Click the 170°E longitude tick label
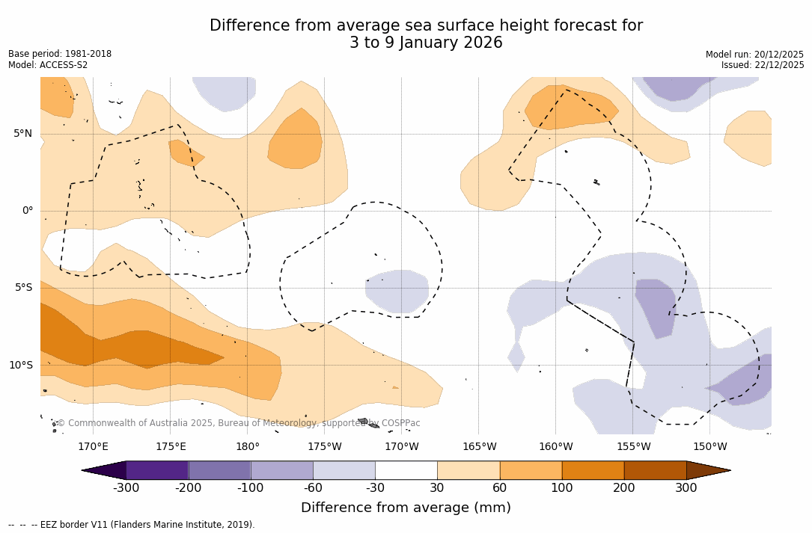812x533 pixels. [x=93, y=447]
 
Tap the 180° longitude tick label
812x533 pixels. [x=248, y=447]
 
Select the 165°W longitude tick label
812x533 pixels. [x=479, y=447]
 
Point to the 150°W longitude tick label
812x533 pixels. [x=709, y=447]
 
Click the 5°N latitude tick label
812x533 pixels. [x=22, y=134]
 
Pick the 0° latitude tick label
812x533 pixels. [x=27, y=211]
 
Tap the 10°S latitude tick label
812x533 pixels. [x=20, y=366]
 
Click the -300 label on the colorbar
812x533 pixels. [x=126, y=488]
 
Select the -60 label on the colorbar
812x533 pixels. [x=313, y=488]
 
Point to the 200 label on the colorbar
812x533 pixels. [x=624, y=488]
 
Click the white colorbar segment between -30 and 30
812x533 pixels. [x=406, y=470]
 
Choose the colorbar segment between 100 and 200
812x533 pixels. [x=593, y=470]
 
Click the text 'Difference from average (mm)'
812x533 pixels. [x=406, y=508]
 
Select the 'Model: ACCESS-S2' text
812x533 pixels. [x=48, y=65]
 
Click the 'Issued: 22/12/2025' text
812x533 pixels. [x=763, y=65]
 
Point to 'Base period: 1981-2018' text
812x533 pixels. [x=60, y=54]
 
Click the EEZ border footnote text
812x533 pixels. [x=132, y=525]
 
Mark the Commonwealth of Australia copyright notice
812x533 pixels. [x=239, y=423]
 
